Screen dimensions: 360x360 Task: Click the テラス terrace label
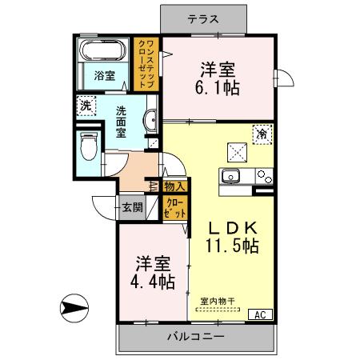tap(205, 18)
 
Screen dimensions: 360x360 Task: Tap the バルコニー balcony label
tap(195, 336)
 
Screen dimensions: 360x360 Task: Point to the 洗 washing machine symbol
tap(85, 104)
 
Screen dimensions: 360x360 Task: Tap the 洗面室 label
tap(121, 121)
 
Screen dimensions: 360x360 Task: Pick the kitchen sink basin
tap(231, 177)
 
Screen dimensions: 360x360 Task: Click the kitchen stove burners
tap(264, 178)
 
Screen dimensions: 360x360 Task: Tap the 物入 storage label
tap(175, 187)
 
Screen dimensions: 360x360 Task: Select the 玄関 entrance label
tap(133, 207)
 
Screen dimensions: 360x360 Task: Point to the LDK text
tap(231, 226)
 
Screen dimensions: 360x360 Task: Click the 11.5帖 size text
tap(231, 246)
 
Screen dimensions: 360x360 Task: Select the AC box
tap(260, 314)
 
